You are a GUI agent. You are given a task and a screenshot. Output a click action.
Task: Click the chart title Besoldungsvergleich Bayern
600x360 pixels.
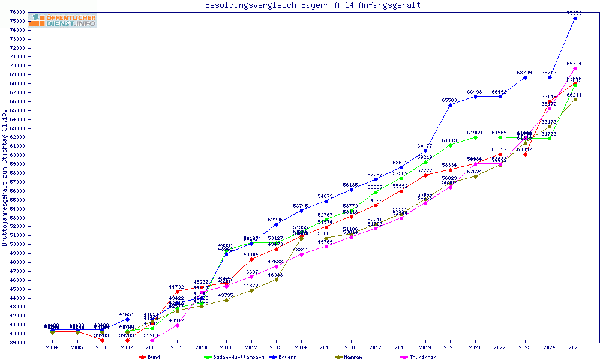pyautogui.click(x=313, y=5)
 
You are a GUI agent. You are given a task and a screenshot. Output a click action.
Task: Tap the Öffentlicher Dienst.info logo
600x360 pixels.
pyautogui.click(x=62, y=21)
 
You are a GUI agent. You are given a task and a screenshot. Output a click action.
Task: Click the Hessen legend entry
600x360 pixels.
pyautogui.click(x=352, y=357)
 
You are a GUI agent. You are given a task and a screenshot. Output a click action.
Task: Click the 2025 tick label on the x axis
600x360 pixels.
pyautogui.click(x=575, y=347)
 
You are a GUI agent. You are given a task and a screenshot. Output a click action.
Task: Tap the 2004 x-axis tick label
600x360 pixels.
pyautogui.click(x=52, y=347)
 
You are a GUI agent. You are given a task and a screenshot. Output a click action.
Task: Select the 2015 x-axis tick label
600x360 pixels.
pyautogui.click(x=326, y=347)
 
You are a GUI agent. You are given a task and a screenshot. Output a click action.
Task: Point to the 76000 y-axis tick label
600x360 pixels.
pyautogui.click(x=17, y=12)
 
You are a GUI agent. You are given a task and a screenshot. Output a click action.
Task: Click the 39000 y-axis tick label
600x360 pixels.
pyautogui.click(x=17, y=343)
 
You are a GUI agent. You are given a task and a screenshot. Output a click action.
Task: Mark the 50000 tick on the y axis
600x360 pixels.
pyautogui.click(x=17, y=244)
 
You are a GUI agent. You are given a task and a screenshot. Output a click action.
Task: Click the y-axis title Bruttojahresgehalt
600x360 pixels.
pyautogui.click(x=5, y=178)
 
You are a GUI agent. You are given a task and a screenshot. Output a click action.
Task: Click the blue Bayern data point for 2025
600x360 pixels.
pyautogui.click(x=575, y=18)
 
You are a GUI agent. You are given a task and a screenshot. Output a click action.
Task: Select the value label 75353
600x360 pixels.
pyautogui.click(x=575, y=13)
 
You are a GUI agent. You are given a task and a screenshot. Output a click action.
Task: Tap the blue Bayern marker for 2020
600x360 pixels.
pyautogui.click(x=450, y=105)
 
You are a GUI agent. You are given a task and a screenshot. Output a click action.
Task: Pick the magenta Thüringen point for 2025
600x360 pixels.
pyautogui.click(x=575, y=68)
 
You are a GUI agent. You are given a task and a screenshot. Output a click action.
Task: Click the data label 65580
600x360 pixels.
pyautogui.click(x=450, y=100)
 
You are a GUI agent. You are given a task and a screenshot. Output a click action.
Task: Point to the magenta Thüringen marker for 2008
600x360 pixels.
pyautogui.click(x=152, y=340)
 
